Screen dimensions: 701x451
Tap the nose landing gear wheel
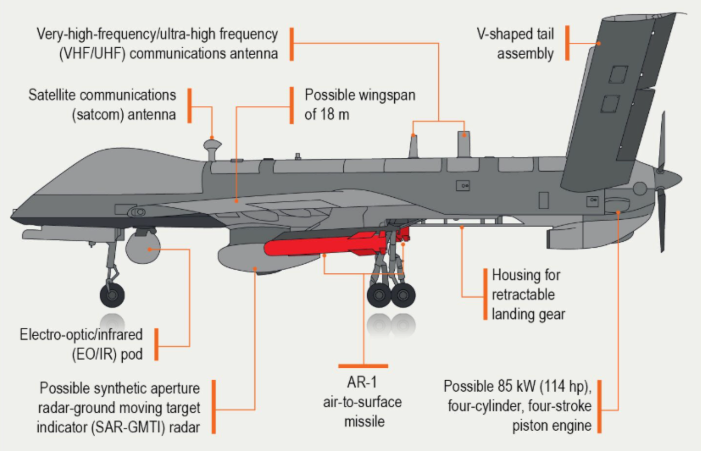pos(112,295)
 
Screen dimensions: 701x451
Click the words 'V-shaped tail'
pos(515,34)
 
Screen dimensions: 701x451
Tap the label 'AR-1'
pos(362,382)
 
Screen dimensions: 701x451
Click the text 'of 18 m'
pos(327,115)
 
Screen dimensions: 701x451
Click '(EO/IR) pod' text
pos(107,354)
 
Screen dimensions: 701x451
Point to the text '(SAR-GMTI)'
pos(129,427)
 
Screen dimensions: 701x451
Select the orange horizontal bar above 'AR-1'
pos(363,366)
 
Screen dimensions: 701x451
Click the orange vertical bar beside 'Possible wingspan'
pos(291,105)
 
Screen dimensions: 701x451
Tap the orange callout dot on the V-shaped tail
pos(599,43)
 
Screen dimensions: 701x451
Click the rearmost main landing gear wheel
pos(403,295)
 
